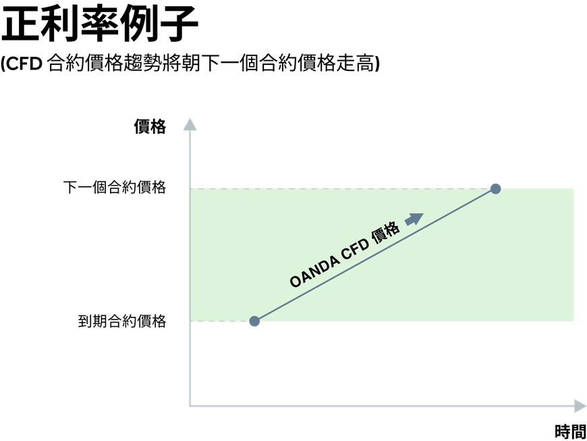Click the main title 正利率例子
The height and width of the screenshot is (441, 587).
click(100, 24)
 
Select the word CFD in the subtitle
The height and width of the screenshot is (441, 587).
click(24, 63)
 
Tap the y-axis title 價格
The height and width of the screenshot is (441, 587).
click(150, 127)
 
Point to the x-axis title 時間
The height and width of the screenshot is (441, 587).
click(570, 432)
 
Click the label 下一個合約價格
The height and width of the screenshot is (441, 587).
click(115, 187)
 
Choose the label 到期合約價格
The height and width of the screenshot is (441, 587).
click(122, 321)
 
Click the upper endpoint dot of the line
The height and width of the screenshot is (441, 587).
click(496, 189)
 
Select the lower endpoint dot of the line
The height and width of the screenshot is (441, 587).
click(254, 321)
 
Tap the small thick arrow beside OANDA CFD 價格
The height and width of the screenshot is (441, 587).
click(414, 219)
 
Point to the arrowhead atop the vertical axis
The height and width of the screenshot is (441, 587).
click(190, 124)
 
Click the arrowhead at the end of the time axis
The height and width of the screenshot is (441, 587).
click(580, 406)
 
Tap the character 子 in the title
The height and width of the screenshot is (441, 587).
click(179, 24)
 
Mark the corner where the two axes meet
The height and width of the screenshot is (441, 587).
click(190, 406)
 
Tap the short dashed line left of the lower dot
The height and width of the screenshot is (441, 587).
click(220, 321)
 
